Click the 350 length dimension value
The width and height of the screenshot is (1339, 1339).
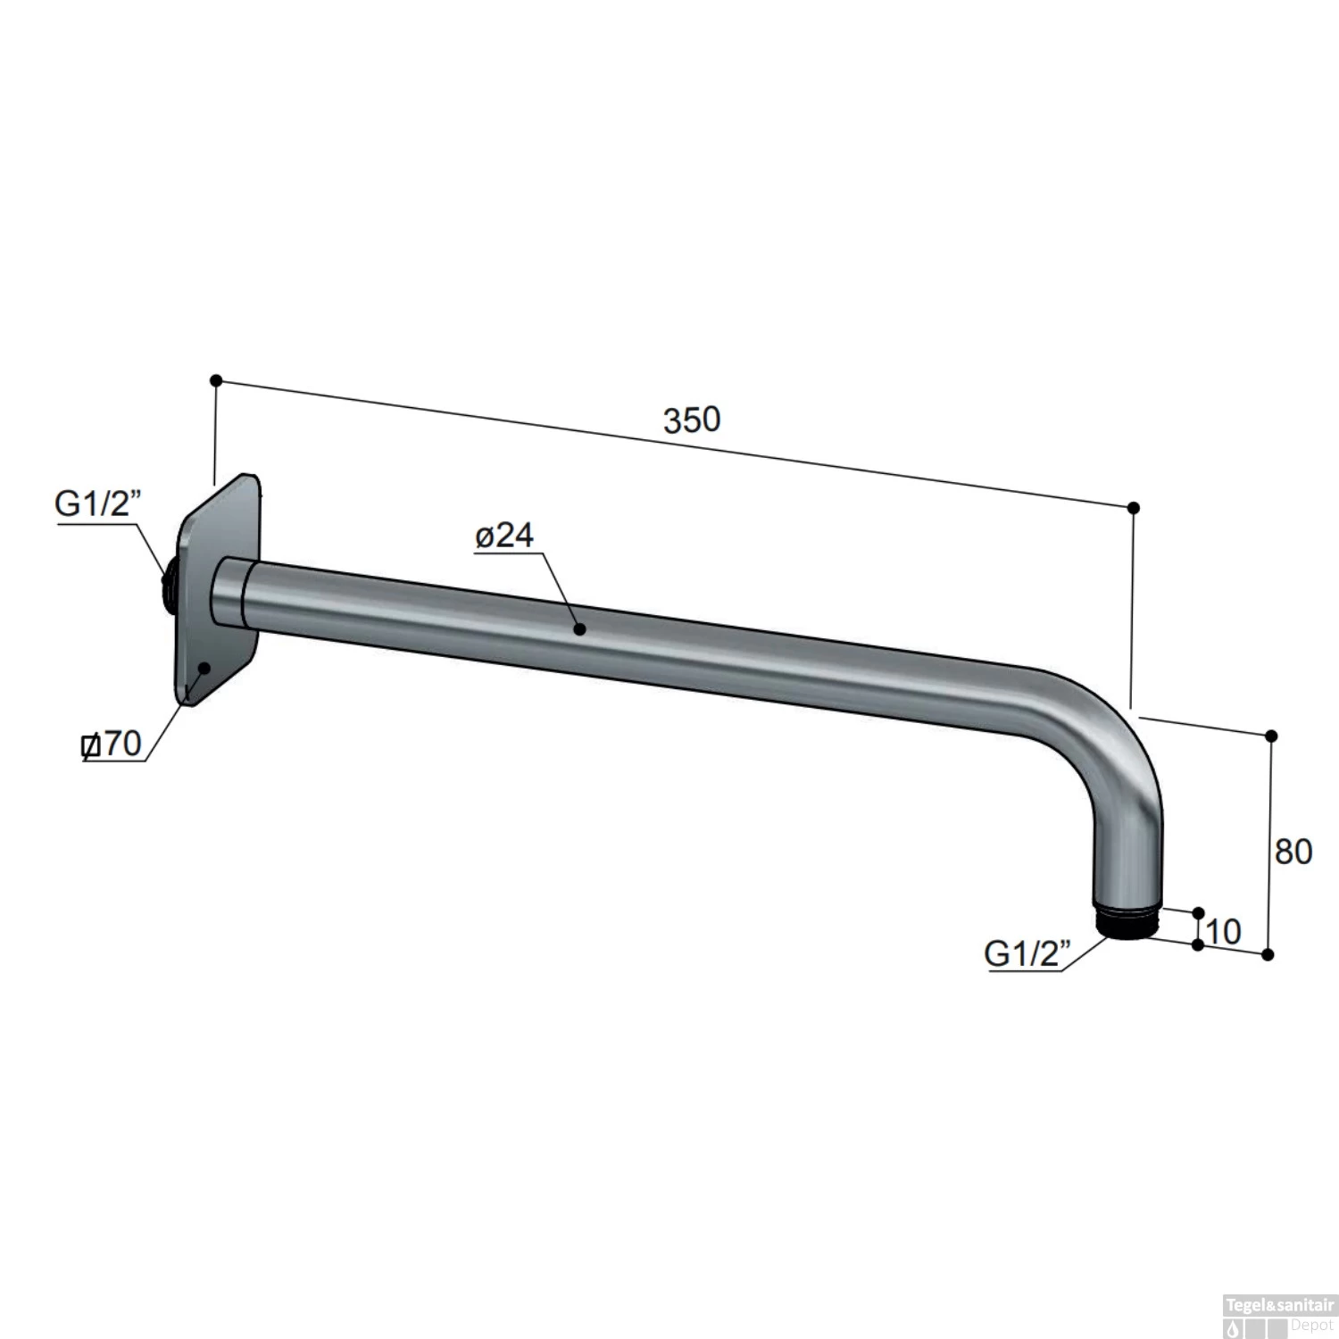click(x=691, y=420)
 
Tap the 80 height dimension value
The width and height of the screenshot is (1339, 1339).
click(x=1293, y=852)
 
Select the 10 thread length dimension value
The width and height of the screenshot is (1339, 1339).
click(x=1223, y=932)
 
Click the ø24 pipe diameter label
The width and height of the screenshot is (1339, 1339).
click(x=504, y=536)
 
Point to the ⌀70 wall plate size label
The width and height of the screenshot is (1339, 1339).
click(x=112, y=744)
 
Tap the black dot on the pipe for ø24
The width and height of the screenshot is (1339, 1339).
click(x=579, y=629)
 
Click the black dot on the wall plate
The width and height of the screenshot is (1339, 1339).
click(x=204, y=667)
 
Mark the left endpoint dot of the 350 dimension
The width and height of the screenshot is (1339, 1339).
click(x=215, y=380)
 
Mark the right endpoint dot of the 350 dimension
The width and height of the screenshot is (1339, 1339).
click(x=1134, y=508)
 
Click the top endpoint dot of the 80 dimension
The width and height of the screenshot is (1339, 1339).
click(x=1271, y=736)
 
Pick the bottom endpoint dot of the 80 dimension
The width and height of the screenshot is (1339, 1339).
click(x=1268, y=954)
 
